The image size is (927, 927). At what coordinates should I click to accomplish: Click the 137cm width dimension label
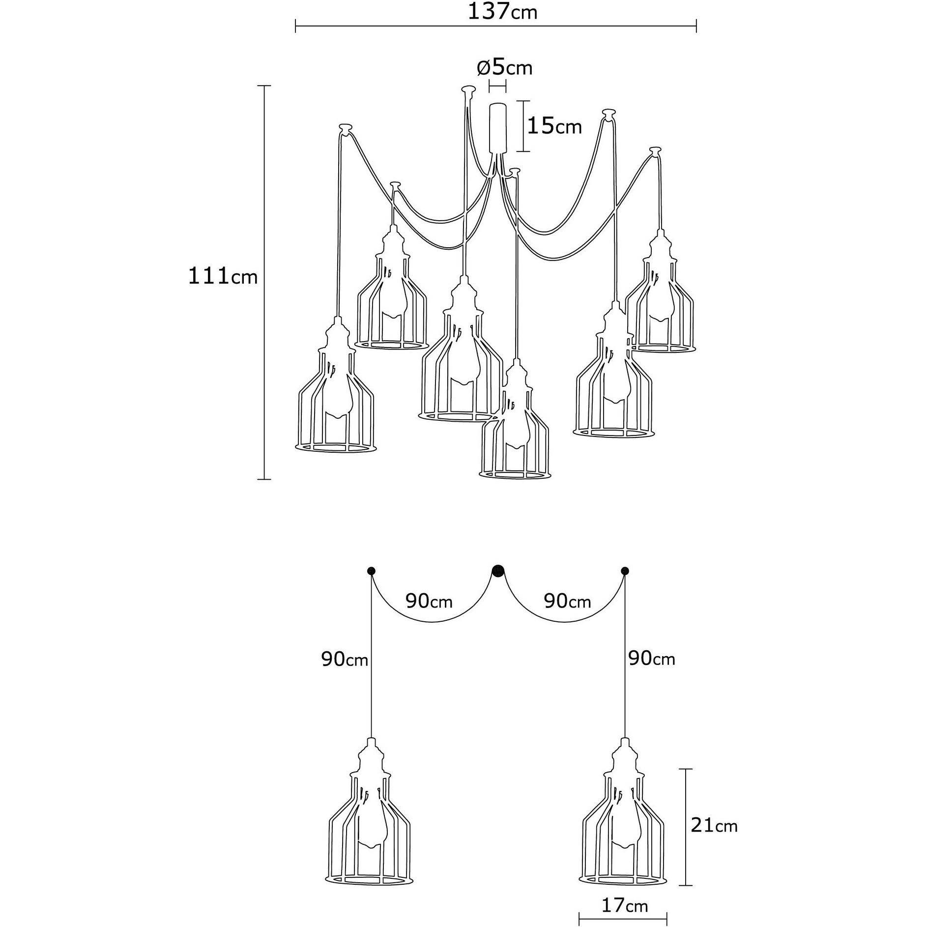[502, 11]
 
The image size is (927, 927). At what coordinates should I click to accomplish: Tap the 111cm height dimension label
[223, 277]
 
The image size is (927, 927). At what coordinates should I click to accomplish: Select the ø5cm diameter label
[505, 68]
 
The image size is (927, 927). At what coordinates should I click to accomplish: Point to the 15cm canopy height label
[554, 127]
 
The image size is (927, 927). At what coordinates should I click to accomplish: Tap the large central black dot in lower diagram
[498, 571]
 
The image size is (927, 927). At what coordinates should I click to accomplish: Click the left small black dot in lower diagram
[371, 571]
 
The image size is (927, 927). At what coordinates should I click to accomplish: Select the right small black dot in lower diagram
[625, 571]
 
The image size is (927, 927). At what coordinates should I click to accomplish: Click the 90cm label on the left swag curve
[429, 601]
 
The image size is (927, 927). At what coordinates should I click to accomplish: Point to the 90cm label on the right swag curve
[567, 601]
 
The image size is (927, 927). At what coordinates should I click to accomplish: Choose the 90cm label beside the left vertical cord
[345, 660]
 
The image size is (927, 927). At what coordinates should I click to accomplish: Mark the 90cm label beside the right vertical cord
[652, 659]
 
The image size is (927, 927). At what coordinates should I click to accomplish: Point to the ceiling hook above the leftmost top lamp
[346, 130]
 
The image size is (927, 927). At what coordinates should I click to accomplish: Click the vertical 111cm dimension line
[264, 282]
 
